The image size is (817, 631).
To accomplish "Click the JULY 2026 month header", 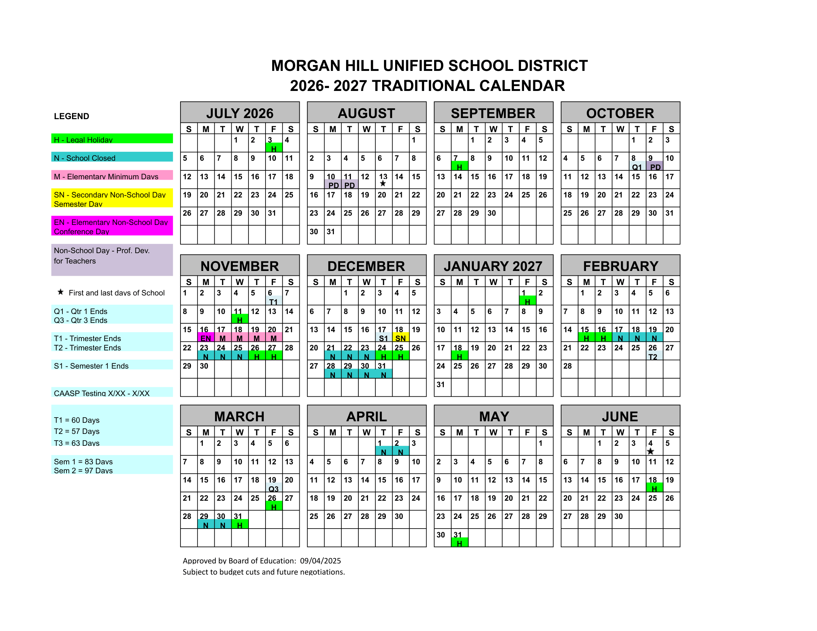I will click(240, 113).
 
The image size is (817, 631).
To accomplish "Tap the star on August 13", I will click(383, 183).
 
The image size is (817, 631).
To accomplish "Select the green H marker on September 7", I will click(459, 167).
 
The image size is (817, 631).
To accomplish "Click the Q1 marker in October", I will click(637, 167).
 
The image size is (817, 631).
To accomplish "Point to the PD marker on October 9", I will click(655, 167).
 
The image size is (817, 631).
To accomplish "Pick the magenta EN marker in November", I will click(205, 338).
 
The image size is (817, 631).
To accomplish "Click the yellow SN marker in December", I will click(400, 338).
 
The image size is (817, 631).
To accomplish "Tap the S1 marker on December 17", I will click(384, 338).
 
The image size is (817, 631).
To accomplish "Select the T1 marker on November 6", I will click(273, 302).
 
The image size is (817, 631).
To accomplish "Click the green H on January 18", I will click(459, 357).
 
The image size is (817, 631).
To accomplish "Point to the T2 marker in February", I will click(653, 357).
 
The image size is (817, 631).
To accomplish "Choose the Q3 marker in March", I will click(273, 488).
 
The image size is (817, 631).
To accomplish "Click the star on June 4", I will click(651, 451).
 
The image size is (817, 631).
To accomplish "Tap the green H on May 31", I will click(459, 543).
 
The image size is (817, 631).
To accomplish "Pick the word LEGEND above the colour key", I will click(71, 116).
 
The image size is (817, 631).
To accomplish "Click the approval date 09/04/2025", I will click(320, 560).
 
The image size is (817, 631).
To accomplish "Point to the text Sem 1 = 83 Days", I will click(83, 461).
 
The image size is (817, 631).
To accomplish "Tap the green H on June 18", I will click(654, 488).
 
